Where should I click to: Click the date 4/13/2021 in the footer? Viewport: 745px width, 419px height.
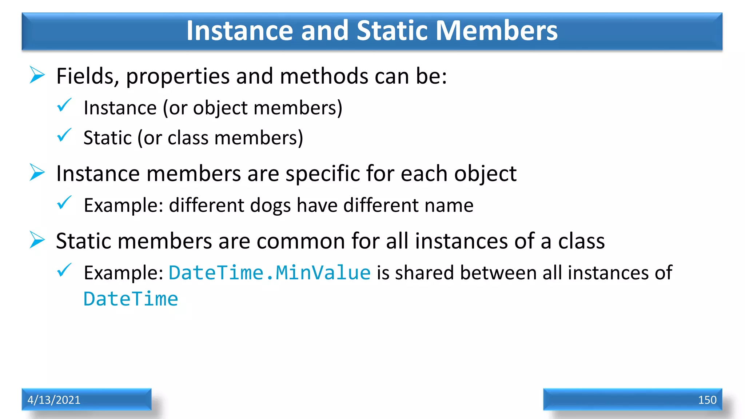(54, 400)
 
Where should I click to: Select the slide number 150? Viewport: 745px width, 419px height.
(707, 400)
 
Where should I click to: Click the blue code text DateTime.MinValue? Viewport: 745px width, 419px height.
(270, 273)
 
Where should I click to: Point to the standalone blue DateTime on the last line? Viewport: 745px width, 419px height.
(131, 299)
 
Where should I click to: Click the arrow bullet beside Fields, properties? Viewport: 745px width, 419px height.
(37, 75)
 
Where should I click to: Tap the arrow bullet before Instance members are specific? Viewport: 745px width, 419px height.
(37, 172)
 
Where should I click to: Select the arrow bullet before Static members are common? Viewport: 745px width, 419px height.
(37, 240)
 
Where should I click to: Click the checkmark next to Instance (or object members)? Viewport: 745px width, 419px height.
(64, 105)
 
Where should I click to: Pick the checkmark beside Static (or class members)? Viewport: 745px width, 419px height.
(64, 135)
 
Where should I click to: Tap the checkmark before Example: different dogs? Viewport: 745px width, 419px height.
(64, 203)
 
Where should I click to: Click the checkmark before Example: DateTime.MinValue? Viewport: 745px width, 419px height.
(64, 271)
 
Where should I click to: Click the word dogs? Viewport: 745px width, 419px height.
(270, 205)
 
